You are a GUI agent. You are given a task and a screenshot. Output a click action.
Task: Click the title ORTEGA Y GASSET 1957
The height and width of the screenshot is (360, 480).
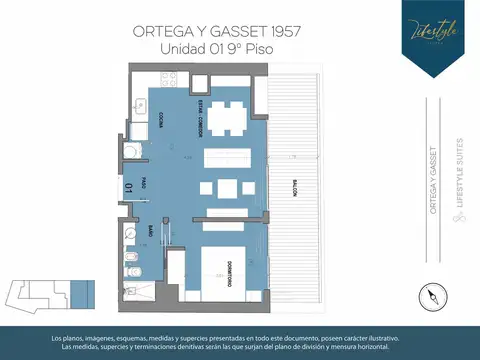click(217, 31)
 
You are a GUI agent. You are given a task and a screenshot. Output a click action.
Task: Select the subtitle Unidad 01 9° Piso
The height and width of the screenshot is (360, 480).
click(217, 48)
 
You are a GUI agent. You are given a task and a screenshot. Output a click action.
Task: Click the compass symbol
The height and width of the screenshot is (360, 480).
click(431, 295)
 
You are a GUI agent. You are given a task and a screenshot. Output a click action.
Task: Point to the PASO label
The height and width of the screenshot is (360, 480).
click(144, 184)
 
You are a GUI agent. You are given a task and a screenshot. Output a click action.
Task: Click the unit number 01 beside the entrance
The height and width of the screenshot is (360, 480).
click(130, 186)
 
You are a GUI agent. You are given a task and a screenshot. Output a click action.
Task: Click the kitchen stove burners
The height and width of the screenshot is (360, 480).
click(173, 77)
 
